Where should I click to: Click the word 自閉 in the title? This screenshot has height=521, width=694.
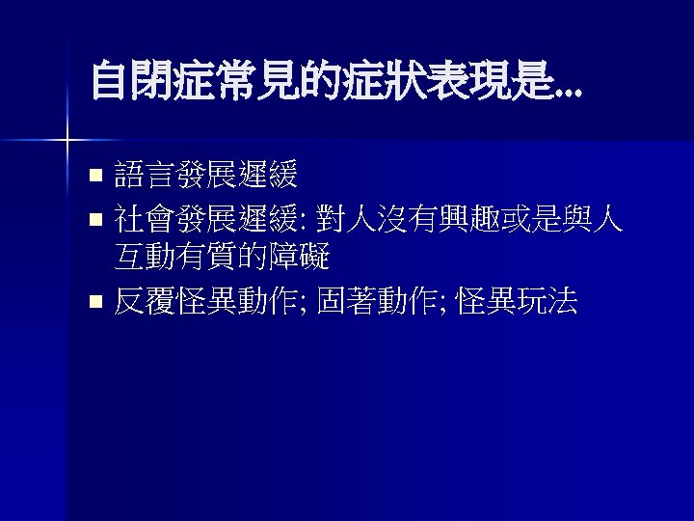(131, 80)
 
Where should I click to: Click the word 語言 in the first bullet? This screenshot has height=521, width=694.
(145, 175)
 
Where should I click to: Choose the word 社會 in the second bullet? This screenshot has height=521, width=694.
(145, 222)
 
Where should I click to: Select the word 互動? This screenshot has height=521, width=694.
(145, 257)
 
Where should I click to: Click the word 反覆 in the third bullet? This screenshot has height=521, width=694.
(145, 303)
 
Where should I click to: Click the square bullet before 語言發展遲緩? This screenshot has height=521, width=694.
(94, 177)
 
